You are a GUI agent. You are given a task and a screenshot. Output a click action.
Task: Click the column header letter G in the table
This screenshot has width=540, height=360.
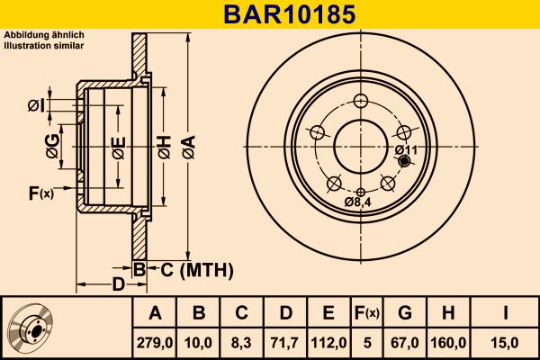pos(405,313)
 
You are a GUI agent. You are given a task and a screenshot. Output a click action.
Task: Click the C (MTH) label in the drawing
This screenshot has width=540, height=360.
pos(196,269)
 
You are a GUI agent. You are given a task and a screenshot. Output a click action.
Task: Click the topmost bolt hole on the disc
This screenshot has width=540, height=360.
pos(361,101)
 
